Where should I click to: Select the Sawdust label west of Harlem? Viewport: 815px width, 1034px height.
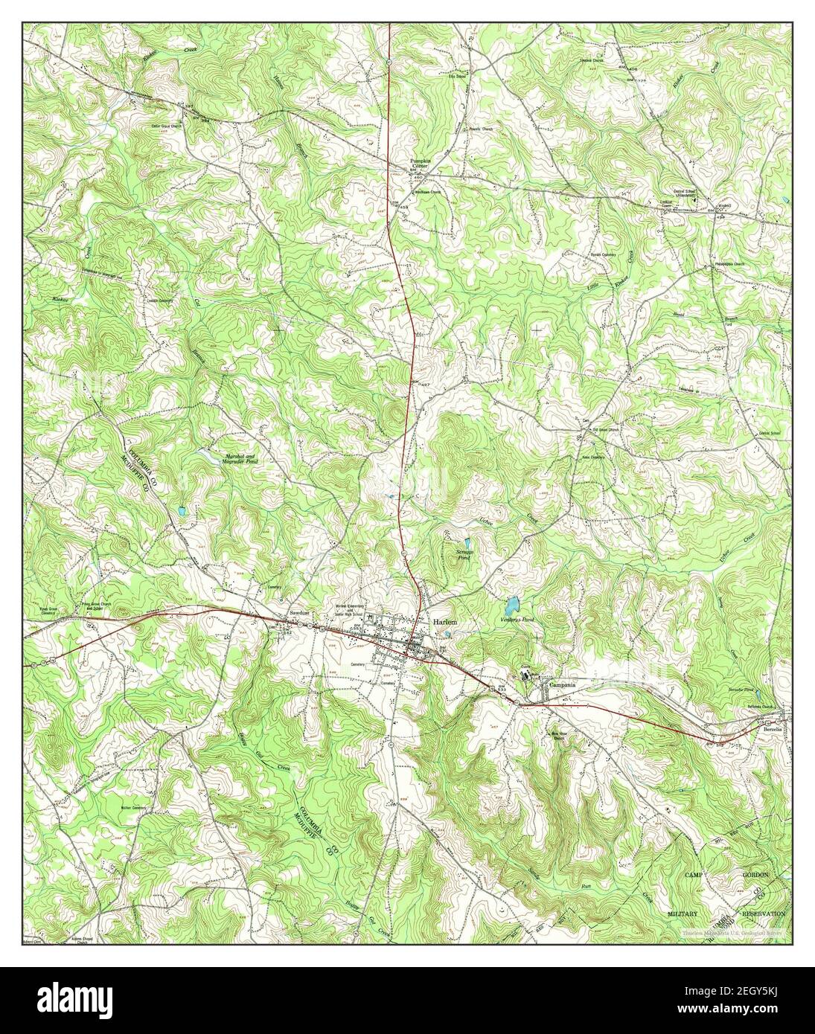pyautogui.click(x=300, y=613)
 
